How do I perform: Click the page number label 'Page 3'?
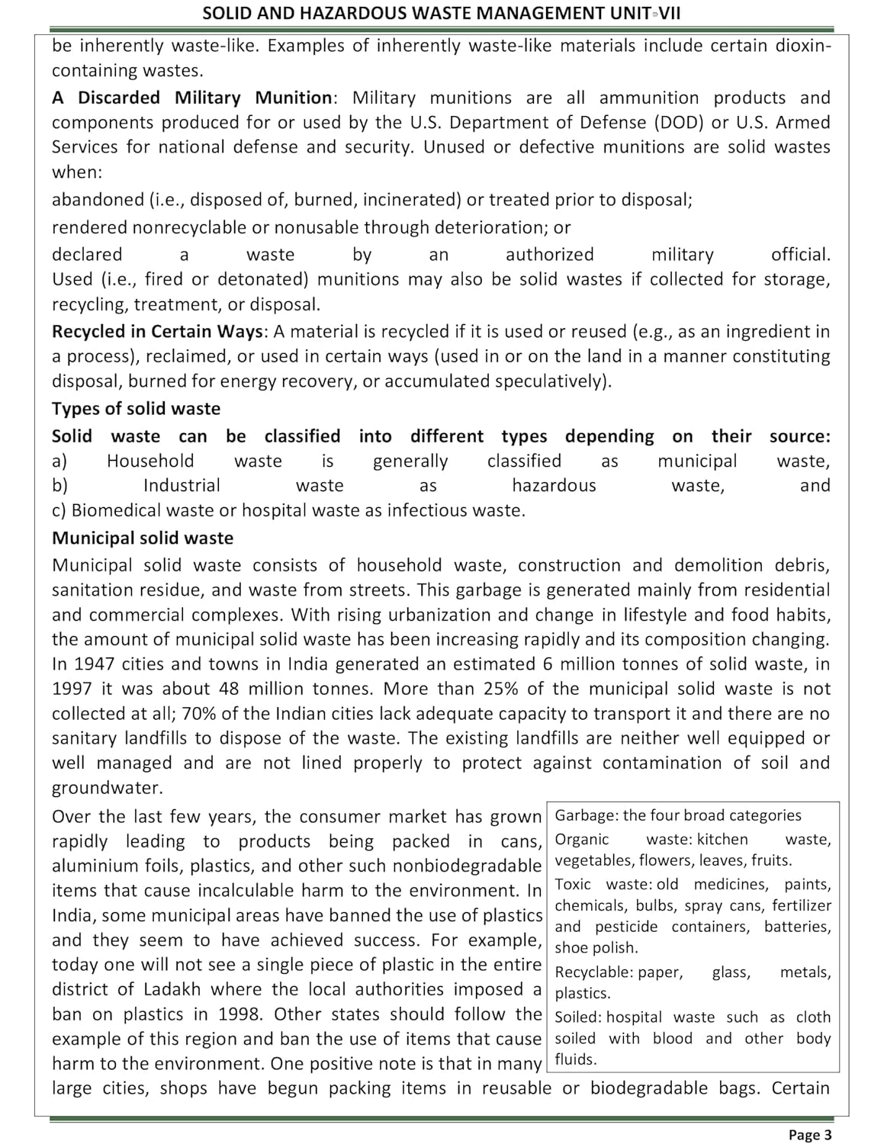point(810,1135)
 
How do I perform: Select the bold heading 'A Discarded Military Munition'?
point(191,98)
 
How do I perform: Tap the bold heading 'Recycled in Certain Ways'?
point(158,332)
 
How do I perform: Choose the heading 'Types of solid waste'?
point(136,409)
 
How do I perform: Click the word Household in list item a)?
point(150,461)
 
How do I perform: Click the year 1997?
point(72,689)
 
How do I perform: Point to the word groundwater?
point(107,788)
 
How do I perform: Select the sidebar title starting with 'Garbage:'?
point(678,815)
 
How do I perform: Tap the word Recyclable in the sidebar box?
point(593,972)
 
